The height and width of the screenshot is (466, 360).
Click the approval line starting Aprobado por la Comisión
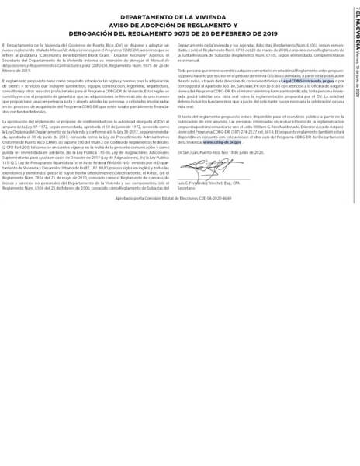pos(178,198)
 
